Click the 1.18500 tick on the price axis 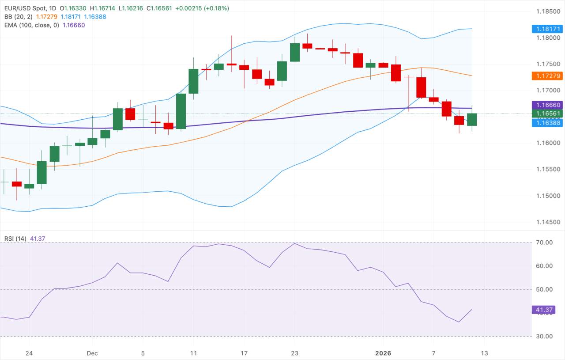(x=547, y=11)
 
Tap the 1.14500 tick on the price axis (x=547, y=222)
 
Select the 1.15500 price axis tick (x=547, y=170)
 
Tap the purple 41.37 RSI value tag (x=543, y=310)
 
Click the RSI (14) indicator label (x=15, y=239)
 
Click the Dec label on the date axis (x=92, y=353)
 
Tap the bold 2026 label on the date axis (x=383, y=353)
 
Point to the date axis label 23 (x=295, y=353)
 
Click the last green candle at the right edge (x=472, y=119)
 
